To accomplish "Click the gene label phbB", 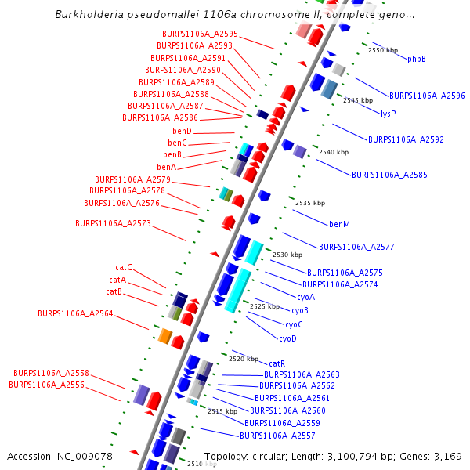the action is [417, 60].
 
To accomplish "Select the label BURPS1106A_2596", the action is [427, 96].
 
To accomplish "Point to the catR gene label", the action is [277, 364].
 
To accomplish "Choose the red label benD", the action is [183, 132].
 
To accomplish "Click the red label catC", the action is [124, 268].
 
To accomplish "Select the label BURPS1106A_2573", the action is [113, 224].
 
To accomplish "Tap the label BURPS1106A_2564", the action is [75, 313].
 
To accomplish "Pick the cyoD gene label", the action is [287, 339].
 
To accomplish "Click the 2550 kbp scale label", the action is [382, 50].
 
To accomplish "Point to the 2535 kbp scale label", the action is [309, 203].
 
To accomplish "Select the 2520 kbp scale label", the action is [244, 359].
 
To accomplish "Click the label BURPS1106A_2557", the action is [277, 436].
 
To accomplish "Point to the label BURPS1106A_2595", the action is [200, 34].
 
